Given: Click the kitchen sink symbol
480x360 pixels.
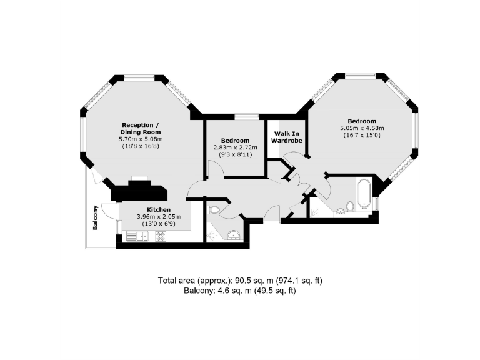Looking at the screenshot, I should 136,236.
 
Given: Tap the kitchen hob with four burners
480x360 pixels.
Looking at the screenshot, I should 160,236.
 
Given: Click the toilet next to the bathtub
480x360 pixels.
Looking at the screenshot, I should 351,206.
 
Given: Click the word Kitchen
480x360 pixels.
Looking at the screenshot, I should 159,209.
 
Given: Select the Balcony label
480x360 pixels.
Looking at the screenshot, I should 96,217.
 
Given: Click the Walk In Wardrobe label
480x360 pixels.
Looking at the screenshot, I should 286,137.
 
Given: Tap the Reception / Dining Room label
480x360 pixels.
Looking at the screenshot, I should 141,128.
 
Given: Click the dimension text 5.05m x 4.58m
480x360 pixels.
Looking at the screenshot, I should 362,128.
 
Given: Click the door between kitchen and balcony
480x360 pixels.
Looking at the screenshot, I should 108,211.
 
